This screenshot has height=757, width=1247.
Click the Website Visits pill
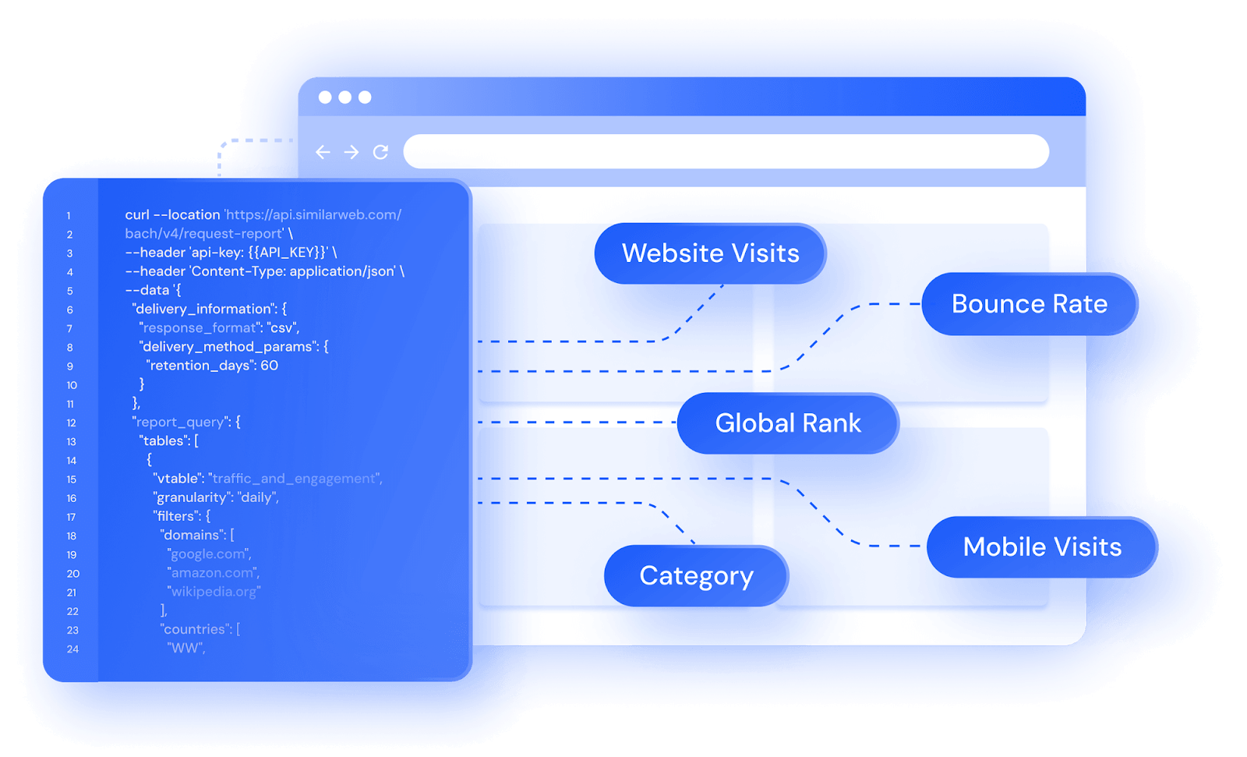pyautogui.click(x=710, y=253)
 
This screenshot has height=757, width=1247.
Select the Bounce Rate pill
pyautogui.click(x=1030, y=303)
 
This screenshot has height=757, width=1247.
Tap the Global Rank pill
pyautogui.click(x=788, y=423)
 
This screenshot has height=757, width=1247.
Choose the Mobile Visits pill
pyautogui.click(x=1042, y=547)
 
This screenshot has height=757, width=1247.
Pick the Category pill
pyautogui.click(x=696, y=575)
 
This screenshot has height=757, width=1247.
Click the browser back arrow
pyautogui.click(x=323, y=151)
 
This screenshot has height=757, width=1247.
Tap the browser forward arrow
pyautogui.click(x=351, y=151)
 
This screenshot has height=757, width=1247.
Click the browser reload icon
pyautogui.click(x=380, y=151)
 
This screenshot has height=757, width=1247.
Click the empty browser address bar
pyautogui.click(x=726, y=151)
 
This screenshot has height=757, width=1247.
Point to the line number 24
pyautogui.click(x=73, y=649)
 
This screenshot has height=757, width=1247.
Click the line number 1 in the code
pyautogui.click(x=69, y=216)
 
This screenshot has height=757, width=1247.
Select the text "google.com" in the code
pyautogui.click(x=207, y=554)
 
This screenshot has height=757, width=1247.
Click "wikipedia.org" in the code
pyautogui.click(x=214, y=592)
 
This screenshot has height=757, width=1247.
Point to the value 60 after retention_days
pyautogui.click(x=270, y=366)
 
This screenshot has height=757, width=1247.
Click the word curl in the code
pyautogui.click(x=137, y=214)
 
